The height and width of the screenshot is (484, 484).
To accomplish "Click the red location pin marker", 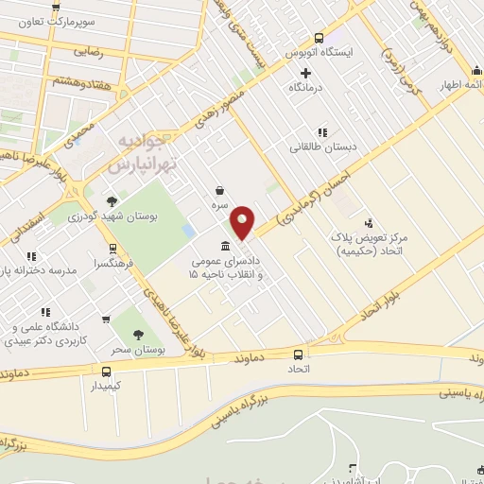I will click(x=243, y=222).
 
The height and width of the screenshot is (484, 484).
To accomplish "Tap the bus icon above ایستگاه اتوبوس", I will click(x=319, y=39).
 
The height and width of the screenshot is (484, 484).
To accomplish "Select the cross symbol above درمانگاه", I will click(x=304, y=71).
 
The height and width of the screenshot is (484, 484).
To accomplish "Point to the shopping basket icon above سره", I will click(x=219, y=190).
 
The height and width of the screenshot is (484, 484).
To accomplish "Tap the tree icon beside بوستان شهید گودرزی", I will click(x=112, y=200).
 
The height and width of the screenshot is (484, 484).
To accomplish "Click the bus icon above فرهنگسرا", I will click(x=114, y=249).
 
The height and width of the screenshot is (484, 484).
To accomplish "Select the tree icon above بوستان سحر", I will click(x=139, y=334).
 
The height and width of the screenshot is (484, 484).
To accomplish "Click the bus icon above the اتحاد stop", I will click(x=297, y=354).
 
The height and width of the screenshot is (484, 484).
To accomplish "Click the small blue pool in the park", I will click(x=189, y=231).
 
